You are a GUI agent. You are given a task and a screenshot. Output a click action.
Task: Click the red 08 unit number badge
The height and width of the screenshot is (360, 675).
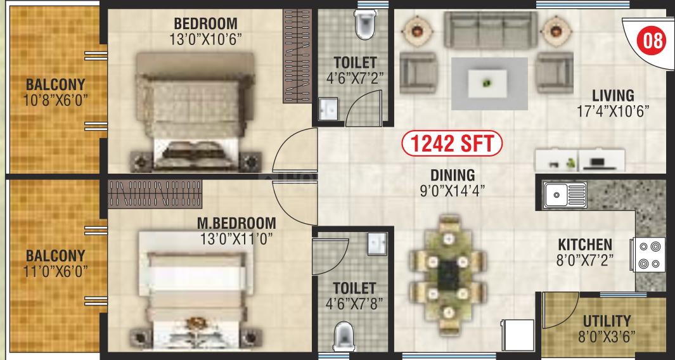pos(652,42)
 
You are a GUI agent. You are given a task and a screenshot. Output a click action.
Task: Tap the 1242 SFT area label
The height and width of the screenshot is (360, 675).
pos(451,144)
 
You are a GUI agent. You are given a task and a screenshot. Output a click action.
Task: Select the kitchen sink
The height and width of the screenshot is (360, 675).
pos(565,195)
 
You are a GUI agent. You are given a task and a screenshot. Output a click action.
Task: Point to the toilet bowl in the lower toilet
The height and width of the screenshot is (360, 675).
pos(344,336)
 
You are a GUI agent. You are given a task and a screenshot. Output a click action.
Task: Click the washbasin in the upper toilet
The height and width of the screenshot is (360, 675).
pos(328,109)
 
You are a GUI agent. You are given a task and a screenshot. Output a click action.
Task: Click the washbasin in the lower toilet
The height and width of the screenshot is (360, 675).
pos(376,244)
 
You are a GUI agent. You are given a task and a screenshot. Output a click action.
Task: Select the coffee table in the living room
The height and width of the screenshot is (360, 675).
pos(487,84)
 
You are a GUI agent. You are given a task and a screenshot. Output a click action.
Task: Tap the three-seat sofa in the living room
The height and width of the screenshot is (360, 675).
pos(491,30)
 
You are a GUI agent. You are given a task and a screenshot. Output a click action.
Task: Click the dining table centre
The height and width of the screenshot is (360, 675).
pos(447,276)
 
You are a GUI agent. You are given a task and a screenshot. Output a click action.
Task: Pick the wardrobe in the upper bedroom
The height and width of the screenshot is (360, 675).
pos(297,56)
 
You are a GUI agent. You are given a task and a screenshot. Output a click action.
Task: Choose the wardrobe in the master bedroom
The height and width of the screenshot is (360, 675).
pos(155,194)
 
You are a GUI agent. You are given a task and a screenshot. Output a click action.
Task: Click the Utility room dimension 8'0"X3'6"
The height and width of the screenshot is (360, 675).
pos(607,336)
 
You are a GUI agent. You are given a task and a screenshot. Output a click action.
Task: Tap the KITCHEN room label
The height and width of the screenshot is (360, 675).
pos(585,245)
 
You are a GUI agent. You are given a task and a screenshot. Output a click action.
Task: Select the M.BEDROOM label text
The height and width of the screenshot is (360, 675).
pos(236,223)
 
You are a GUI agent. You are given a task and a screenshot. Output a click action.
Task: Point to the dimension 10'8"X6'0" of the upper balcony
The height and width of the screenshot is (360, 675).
pos(56,100)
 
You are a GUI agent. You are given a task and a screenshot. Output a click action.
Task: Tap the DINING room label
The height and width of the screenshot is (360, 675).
pos(453,176)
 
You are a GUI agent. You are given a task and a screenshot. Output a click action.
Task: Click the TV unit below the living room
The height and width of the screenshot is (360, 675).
pos(579,160)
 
